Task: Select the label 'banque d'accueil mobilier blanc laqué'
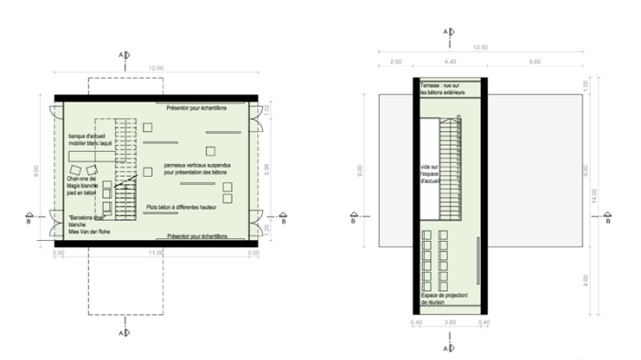[83, 140]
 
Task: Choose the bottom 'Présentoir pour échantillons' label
[198, 235]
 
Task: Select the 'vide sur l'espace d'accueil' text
[431, 174]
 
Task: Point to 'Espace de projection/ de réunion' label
[445, 300]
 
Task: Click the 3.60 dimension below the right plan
[450, 322]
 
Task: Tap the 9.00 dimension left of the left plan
[37, 169]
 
